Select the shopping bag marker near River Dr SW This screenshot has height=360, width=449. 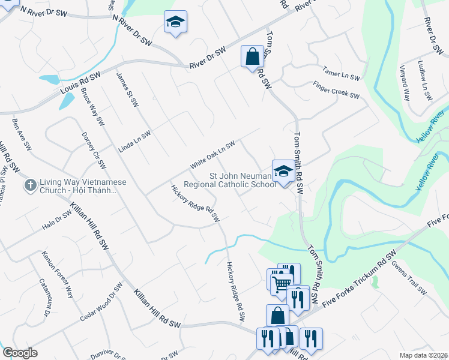pyautogui.click(x=253, y=56)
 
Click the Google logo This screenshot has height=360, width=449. pyautogui.click(x=20, y=353)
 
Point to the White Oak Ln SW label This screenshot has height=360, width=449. pyautogui.click(x=212, y=155)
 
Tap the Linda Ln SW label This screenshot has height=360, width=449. pyautogui.click(x=134, y=142)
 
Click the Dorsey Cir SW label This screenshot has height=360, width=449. pyautogui.click(x=94, y=150)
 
